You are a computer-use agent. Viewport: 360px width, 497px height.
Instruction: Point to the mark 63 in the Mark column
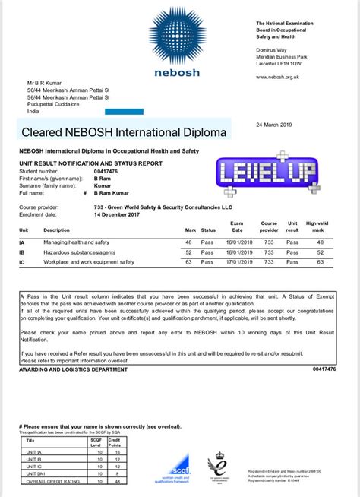point(188,261)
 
